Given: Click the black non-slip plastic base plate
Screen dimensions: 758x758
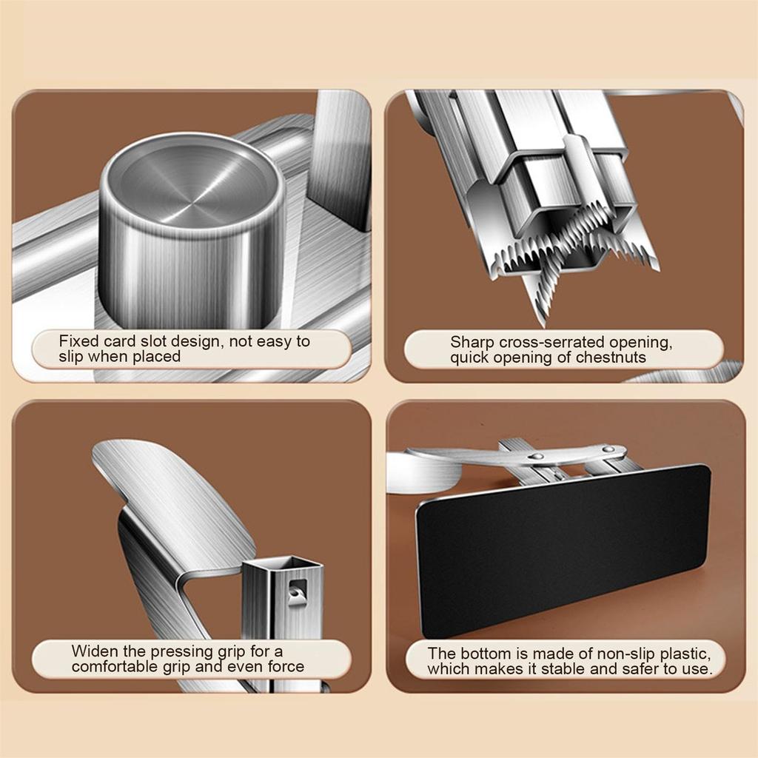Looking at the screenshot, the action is pos(563,550).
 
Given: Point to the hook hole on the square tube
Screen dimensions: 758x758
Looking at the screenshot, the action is pos(296,591).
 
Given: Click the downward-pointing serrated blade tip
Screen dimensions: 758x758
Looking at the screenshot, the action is pos(543,321).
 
